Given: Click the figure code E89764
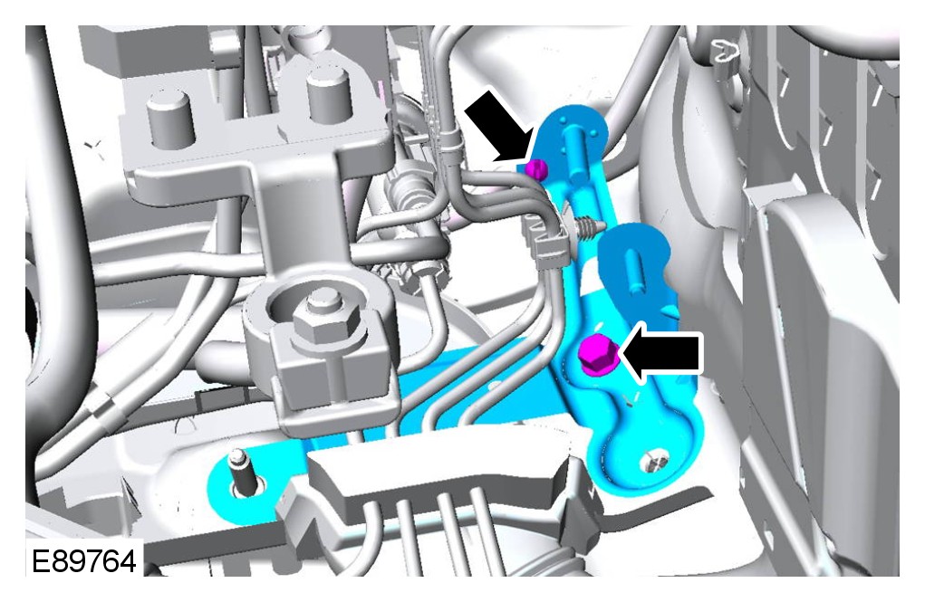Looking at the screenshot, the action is (83, 561).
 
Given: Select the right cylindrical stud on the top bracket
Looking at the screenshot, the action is (330, 96).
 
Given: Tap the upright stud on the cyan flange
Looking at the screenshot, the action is (238, 471).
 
